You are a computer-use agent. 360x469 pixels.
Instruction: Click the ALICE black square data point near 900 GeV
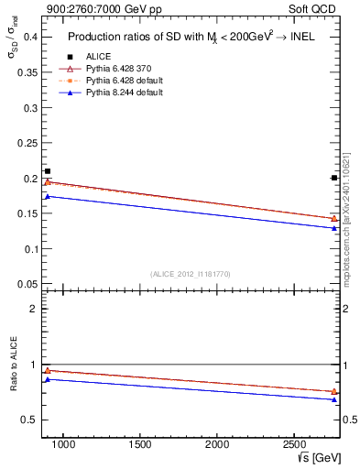[48, 171]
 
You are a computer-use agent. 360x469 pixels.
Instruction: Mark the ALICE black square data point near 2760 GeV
[333, 178]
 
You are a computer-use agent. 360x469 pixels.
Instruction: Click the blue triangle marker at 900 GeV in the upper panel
[48, 196]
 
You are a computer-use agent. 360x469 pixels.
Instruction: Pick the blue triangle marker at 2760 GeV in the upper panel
[333, 228]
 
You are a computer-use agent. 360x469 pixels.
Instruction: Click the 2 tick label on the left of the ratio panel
[32, 309]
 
